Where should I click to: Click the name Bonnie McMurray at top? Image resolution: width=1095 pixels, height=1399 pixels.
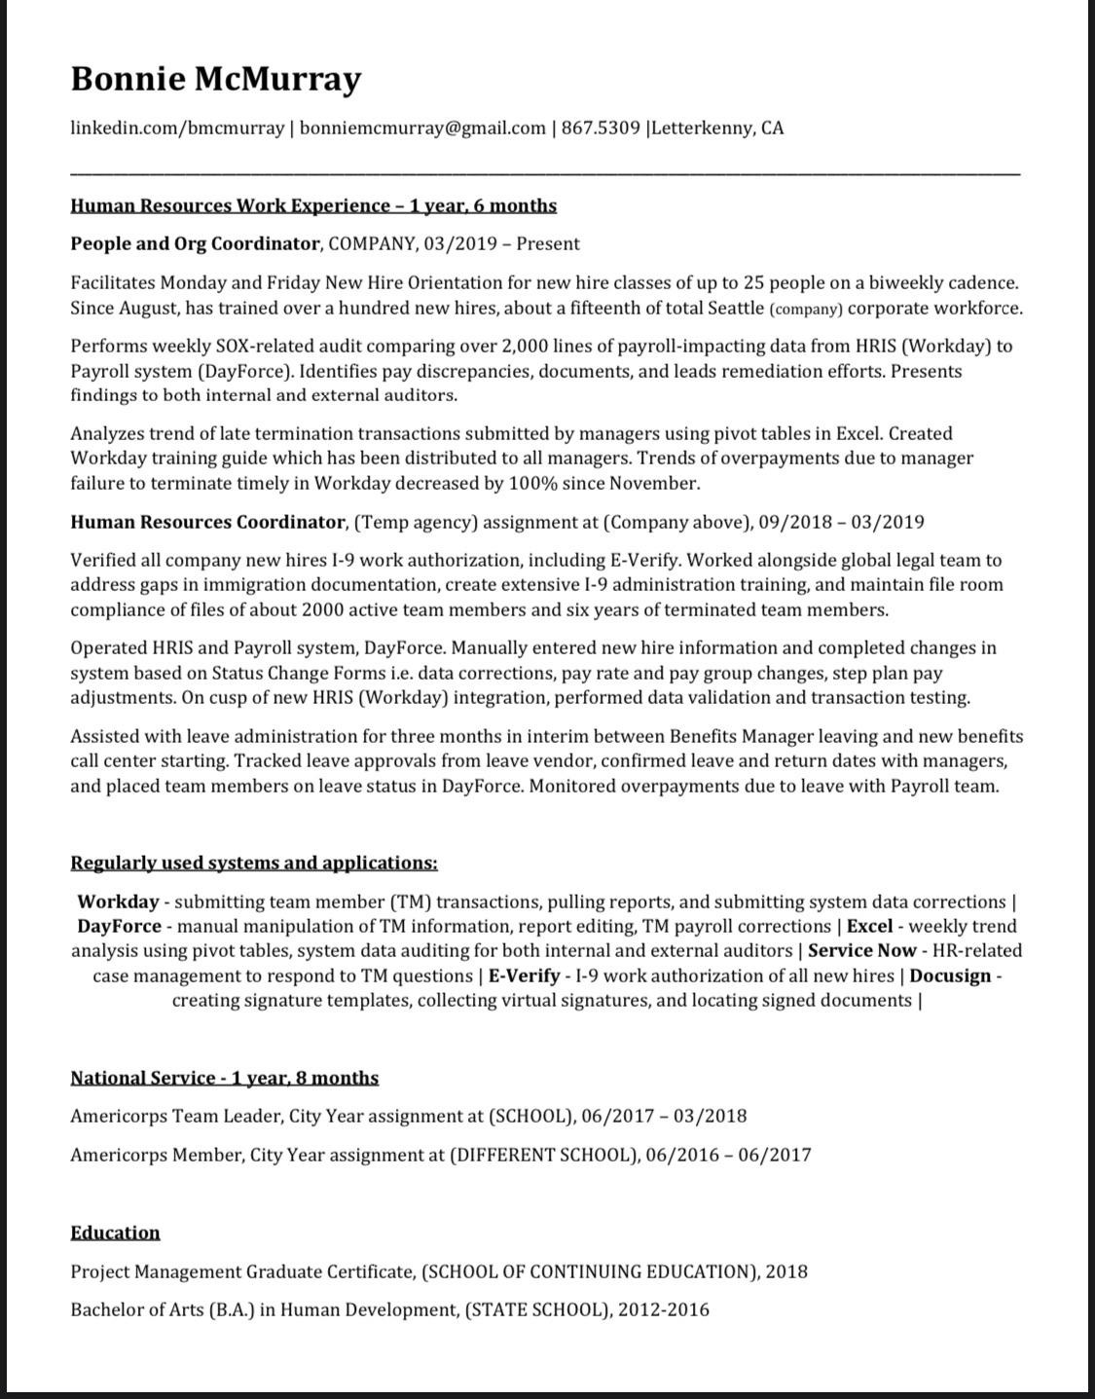[x=215, y=78]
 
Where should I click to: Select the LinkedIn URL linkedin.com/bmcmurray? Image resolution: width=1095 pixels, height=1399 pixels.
[x=177, y=128]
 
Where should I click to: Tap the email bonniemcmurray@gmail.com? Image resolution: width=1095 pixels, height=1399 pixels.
[x=422, y=128]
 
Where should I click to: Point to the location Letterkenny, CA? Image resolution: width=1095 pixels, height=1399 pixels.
[x=717, y=128]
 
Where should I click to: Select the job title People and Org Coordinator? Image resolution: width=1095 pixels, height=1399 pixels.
[x=195, y=243]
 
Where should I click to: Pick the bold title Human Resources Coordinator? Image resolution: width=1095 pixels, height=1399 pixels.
[x=207, y=522]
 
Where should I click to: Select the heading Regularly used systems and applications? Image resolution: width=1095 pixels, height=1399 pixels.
[x=253, y=863]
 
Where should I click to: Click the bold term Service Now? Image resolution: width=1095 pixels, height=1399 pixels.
[x=861, y=950]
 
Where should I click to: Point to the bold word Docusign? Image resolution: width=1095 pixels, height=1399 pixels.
[x=950, y=976]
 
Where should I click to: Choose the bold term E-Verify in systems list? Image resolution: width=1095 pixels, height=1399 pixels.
[x=523, y=976]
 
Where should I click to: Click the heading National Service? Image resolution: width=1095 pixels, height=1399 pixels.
[x=143, y=1078]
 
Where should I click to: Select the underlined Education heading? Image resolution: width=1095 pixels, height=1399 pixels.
[x=115, y=1233]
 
